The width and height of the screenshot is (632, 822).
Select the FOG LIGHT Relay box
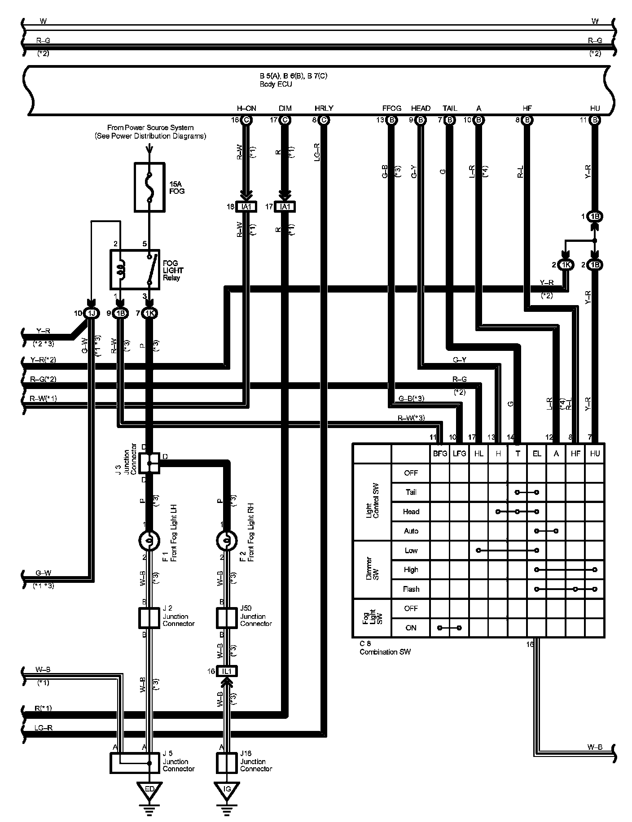135,270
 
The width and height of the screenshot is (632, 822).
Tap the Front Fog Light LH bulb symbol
149,540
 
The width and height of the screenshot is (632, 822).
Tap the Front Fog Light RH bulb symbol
227,540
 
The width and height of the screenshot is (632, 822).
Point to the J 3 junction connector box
149,463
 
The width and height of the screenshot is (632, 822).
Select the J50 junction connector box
227,618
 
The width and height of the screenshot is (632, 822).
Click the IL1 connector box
227,671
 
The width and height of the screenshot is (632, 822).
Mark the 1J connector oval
91,313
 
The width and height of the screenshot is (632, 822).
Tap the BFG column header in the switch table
440,454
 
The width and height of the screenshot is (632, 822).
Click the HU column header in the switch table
595,454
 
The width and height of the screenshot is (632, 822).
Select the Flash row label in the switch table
411,589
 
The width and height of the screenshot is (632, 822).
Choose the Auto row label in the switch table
411,531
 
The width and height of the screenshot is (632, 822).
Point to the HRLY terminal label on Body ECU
324,108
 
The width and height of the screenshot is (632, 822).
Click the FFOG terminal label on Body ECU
392,108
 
